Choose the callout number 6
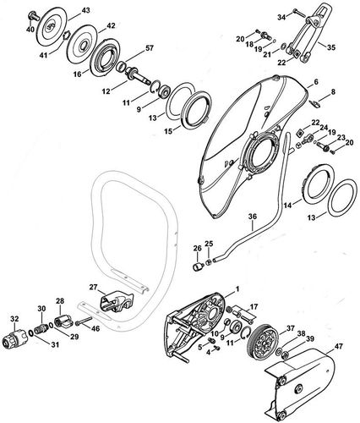click(314, 82)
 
